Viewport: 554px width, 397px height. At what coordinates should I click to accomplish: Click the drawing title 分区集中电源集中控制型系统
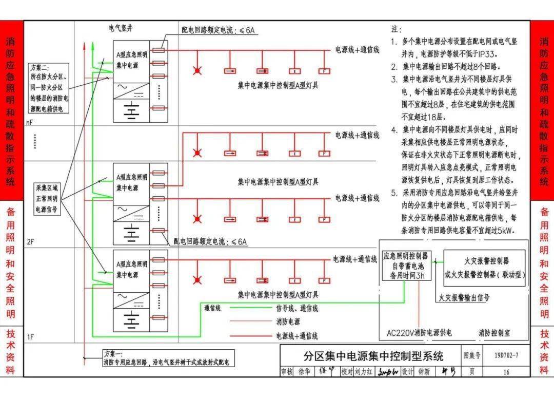[x=373, y=355]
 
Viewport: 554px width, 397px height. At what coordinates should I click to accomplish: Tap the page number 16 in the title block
[x=506, y=372]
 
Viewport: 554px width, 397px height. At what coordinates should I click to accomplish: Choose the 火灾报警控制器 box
[x=484, y=268]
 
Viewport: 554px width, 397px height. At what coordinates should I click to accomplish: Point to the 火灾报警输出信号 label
[x=463, y=297]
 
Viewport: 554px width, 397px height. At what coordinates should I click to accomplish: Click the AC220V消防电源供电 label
[x=419, y=333]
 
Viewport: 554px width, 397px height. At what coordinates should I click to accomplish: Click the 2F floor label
[x=30, y=240]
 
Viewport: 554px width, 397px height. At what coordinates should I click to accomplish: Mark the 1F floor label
[x=30, y=337]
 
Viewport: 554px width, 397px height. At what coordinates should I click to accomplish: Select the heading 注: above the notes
[x=396, y=29]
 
